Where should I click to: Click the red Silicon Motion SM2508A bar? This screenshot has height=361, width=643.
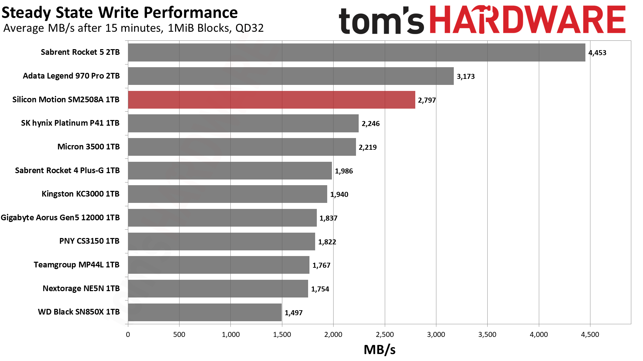(x=271, y=100)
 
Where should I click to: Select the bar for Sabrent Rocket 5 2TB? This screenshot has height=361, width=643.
(x=356, y=52)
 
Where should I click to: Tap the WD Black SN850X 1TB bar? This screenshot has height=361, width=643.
(x=205, y=312)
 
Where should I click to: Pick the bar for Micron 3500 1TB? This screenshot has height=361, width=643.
(x=242, y=147)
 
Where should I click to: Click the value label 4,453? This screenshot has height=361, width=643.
(x=597, y=53)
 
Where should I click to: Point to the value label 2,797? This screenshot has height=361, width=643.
(x=427, y=100)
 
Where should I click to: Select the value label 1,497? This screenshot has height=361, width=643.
(x=293, y=313)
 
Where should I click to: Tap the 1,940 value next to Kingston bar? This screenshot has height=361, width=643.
(x=339, y=195)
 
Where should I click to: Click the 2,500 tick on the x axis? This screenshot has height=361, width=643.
(x=385, y=335)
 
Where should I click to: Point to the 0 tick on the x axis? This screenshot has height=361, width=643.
(x=128, y=335)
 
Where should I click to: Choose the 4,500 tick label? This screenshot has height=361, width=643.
(x=590, y=335)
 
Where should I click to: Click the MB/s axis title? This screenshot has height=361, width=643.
(x=379, y=350)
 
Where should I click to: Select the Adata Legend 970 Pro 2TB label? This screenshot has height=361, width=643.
(x=71, y=76)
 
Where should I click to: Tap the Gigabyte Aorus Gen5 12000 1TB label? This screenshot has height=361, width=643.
(x=60, y=218)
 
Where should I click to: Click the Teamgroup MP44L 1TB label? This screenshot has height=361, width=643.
(x=76, y=265)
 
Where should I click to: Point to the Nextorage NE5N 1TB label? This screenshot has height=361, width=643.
(x=81, y=288)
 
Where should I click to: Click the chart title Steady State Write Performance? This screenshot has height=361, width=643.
(x=120, y=13)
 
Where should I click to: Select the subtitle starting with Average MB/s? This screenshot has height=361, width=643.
(x=133, y=28)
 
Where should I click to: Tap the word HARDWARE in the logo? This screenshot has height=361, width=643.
(x=527, y=20)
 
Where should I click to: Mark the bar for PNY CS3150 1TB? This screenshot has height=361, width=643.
(x=221, y=241)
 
